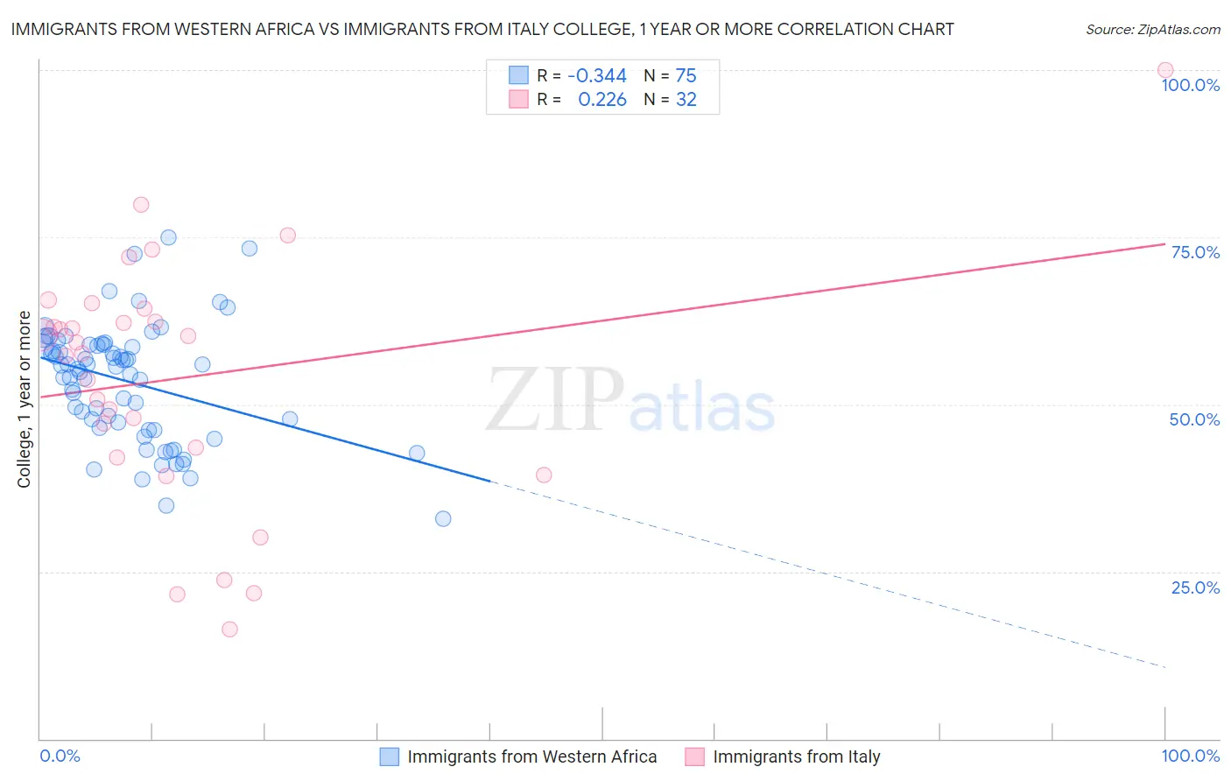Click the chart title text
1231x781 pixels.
click(x=482, y=29)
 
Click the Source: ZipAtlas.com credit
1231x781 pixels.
click(x=1152, y=29)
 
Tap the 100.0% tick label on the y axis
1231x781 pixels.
click(x=1190, y=85)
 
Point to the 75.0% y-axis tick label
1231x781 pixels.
click(x=1195, y=252)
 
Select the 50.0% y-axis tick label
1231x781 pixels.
click(x=1194, y=419)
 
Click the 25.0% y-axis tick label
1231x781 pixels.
click(x=1195, y=588)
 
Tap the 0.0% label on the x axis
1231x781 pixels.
click(x=60, y=756)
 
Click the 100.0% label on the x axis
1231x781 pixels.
click(x=1190, y=756)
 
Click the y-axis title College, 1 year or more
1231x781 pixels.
click(x=25, y=399)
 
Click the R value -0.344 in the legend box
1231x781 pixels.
click(x=597, y=76)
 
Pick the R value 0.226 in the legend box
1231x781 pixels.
click(x=602, y=100)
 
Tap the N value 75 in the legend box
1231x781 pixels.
click(x=686, y=76)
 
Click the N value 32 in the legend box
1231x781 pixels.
click(x=686, y=100)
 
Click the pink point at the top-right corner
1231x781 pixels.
click(x=1164, y=70)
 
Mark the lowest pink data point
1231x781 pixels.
click(x=229, y=629)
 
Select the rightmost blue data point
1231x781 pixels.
click(x=443, y=518)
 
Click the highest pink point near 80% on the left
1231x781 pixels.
click(x=141, y=205)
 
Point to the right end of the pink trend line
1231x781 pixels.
click(x=1164, y=243)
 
